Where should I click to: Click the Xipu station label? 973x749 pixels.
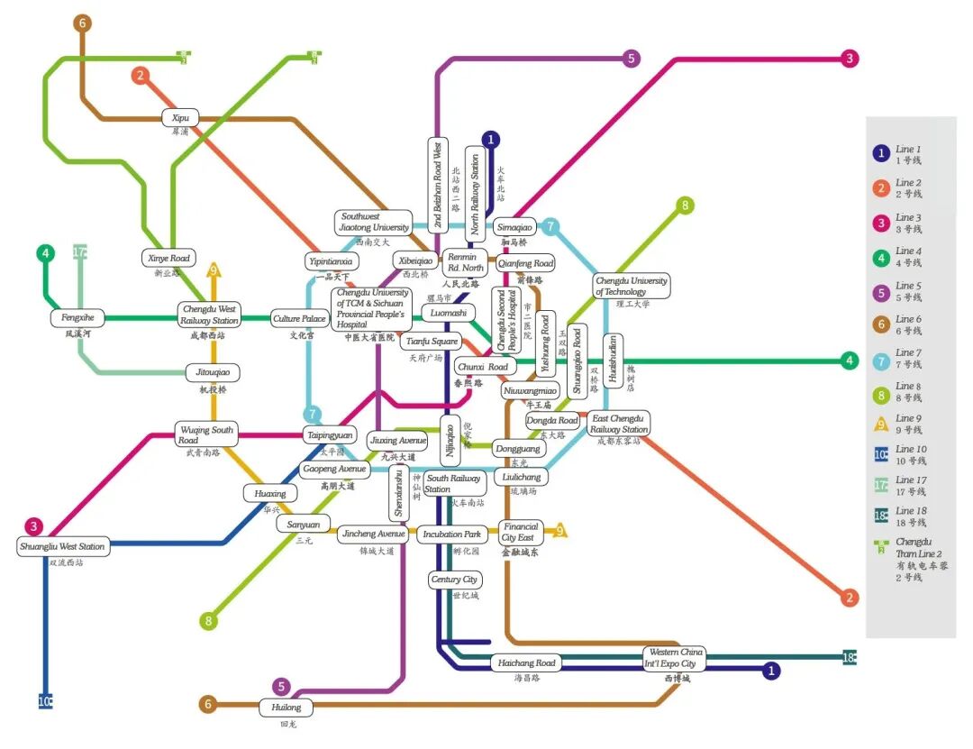[x=180, y=117]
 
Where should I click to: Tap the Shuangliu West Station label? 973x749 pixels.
[x=63, y=546]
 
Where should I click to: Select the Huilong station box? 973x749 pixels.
[x=286, y=708]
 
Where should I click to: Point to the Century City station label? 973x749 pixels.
[x=454, y=580]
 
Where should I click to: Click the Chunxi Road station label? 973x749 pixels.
[x=486, y=367]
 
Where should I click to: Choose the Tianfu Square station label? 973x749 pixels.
[x=432, y=341]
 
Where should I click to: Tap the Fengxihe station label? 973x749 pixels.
[x=77, y=317]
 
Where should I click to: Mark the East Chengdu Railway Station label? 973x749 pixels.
[x=619, y=424]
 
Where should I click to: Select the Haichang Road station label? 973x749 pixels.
[x=528, y=663]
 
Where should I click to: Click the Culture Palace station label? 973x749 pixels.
[x=299, y=318]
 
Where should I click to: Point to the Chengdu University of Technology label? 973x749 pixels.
[x=631, y=286]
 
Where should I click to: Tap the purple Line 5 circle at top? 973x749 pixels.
[x=631, y=59]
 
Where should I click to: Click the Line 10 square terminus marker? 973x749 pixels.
[x=45, y=701]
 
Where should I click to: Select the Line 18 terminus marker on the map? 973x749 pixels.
[x=849, y=656]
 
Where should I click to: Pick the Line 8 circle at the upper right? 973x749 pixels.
[x=685, y=206]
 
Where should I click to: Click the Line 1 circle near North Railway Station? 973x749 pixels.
[x=490, y=139]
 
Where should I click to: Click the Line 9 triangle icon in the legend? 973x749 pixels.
[x=881, y=421]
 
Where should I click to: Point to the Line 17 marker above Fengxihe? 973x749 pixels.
[x=79, y=252]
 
